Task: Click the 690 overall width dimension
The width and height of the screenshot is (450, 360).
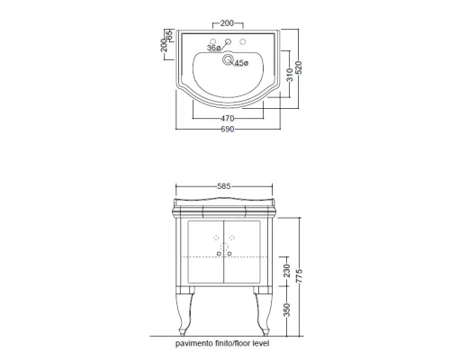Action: pyautogui.click(x=228, y=130)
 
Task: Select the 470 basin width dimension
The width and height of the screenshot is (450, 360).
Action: pyautogui.click(x=228, y=118)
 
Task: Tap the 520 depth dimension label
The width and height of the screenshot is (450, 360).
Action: pyautogui.click(x=298, y=67)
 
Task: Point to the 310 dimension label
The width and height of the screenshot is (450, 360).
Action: pyautogui.click(x=290, y=75)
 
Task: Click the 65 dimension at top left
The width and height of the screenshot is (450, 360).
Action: pyautogui.click(x=169, y=35)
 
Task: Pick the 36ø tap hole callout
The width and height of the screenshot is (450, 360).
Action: pyautogui.click(x=213, y=48)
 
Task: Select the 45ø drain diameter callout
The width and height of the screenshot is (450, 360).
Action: pyautogui.click(x=241, y=63)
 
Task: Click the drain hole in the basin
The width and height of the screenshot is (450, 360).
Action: pyautogui.click(x=228, y=59)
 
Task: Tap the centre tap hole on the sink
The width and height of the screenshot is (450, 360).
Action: pyautogui.click(x=228, y=41)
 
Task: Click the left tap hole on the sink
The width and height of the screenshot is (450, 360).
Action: pyautogui.click(x=213, y=41)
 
